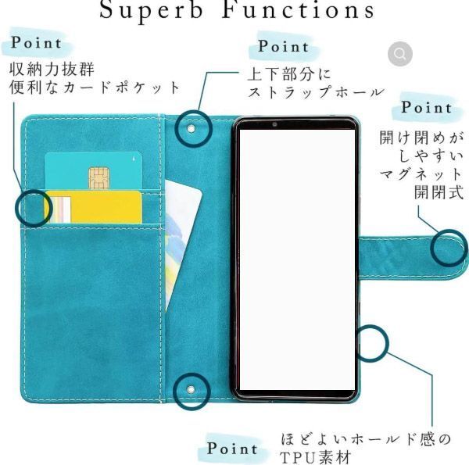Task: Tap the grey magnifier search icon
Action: coord(400,54)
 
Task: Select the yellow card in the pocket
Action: coord(94,207)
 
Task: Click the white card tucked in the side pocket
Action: coord(182,211)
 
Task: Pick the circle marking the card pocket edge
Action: coord(33,208)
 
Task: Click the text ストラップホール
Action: coord(316,92)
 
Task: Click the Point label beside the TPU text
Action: coord(233,449)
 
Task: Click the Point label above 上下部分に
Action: coord(284,46)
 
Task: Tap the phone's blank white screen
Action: coord(295,258)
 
